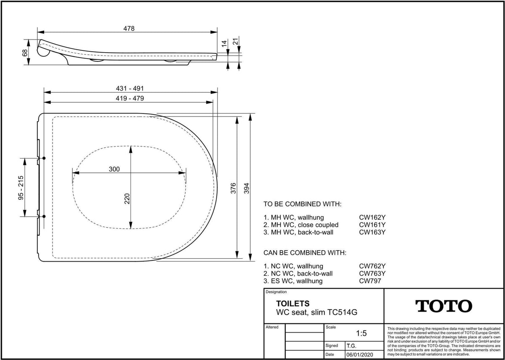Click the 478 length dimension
tap(129, 28)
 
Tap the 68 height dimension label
tap(25, 53)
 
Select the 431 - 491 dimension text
tap(130, 88)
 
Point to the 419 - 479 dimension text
tap(130, 98)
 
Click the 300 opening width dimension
tap(114, 169)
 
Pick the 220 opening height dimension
tap(127, 199)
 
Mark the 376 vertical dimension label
tap(233, 188)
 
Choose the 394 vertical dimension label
tap(247, 188)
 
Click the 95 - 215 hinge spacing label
tap(21, 188)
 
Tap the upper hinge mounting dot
tap(44, 158)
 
